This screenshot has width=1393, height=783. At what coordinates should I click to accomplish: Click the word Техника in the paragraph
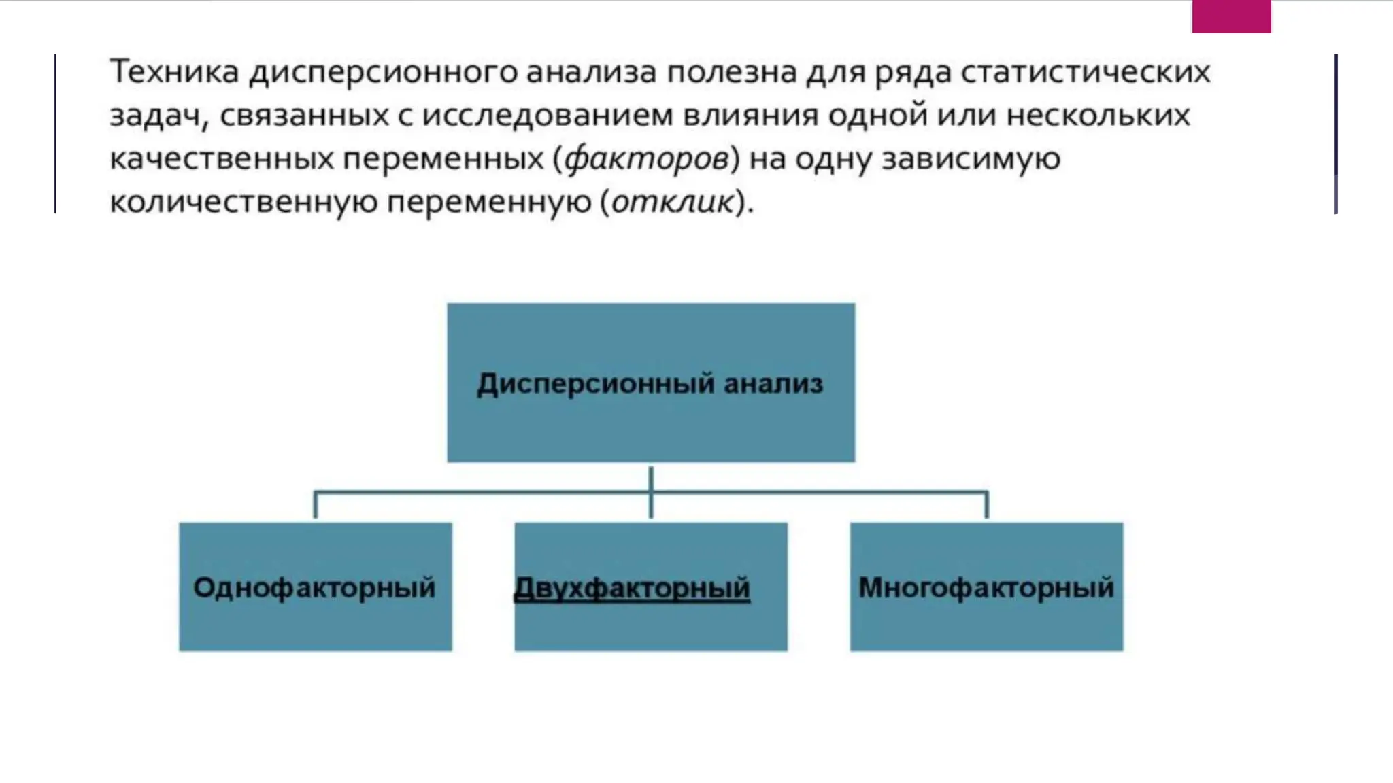coord(174,71)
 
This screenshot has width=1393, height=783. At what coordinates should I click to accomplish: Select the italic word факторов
coord(647,159)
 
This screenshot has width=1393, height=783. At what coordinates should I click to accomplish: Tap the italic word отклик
coord(673,203)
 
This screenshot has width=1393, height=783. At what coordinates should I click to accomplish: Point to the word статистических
coord(1086,71)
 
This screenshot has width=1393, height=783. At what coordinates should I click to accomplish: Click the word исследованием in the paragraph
coord(548,115)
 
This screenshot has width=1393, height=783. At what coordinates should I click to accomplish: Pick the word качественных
coord(222,159)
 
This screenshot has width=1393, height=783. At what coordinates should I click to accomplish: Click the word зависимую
coord(971,159)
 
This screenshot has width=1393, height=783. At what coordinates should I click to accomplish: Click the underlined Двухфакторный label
coord(632,588)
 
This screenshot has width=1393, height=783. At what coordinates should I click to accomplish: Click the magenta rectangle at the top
coord(1231,16)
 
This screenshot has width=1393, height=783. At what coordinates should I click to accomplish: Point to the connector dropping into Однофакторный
coord(315,505)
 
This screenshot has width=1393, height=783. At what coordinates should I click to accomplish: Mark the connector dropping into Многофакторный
coord(986,505)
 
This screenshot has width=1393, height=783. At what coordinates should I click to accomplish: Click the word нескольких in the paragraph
coord(1098,115)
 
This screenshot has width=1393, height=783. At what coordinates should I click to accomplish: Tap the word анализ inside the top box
coord(773,384)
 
